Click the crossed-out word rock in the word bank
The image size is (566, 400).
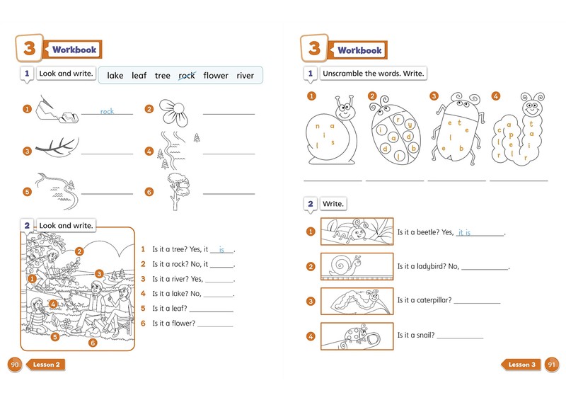pos(187,76)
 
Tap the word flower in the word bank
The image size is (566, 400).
pos(216,76)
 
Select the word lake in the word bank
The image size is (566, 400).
pos(115,76)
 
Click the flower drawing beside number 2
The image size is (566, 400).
pos(173,113)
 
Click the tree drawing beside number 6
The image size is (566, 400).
pos(178,191)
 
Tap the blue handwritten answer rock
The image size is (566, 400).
pos(107,111)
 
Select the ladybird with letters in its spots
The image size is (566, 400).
pos(395,130)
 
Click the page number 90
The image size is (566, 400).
pos(14,365)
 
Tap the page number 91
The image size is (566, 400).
pos(552,365)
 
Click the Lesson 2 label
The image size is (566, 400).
pos(46,365)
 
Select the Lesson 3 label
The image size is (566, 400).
pos(521,365)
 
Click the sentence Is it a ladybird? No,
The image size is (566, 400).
pos(428,267)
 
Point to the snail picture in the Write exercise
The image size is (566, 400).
pos(357,266)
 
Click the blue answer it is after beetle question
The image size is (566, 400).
pos(464,232)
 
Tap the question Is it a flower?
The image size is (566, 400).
pos(173,323)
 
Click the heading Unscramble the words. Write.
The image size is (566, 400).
pos(374,74)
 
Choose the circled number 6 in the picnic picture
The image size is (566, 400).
pos(93,343)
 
